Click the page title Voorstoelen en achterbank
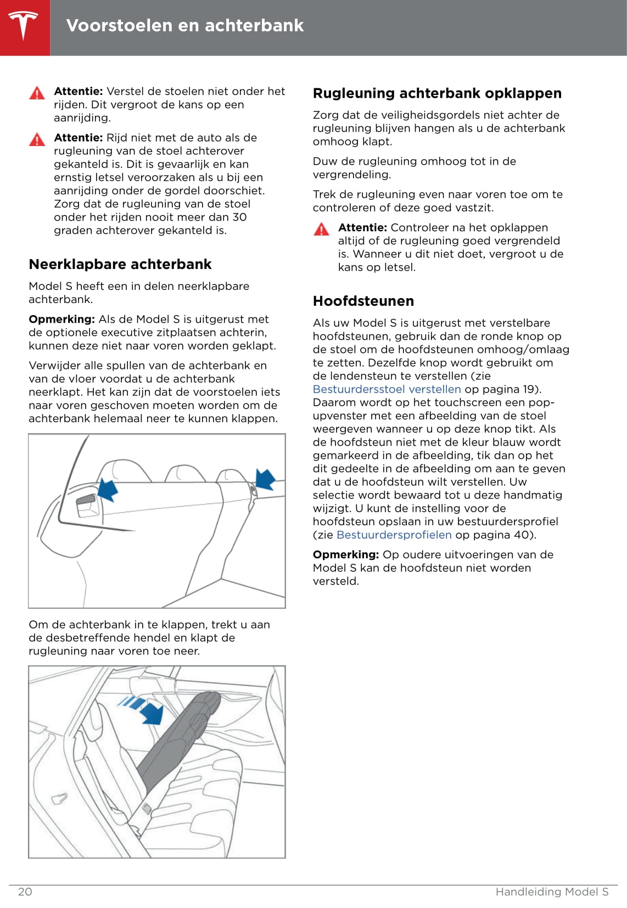pos(184,25)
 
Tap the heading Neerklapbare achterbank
pos(120,265)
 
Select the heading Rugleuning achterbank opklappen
pos(437,93)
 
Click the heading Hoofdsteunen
pos(363,301)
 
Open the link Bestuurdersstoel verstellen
pos(387,389)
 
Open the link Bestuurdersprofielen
pos(394,535)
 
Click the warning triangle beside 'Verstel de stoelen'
pos(37,93)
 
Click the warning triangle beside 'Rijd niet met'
pos(37,139)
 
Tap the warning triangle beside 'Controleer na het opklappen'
pos(321,229)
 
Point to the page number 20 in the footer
pos(25,892)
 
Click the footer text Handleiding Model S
pos(552,892)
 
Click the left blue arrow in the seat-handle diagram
pos(108,489)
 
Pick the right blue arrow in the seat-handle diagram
pos(265,479)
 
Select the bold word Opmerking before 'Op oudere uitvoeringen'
pos(345,554)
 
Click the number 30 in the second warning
pos(239,217)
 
